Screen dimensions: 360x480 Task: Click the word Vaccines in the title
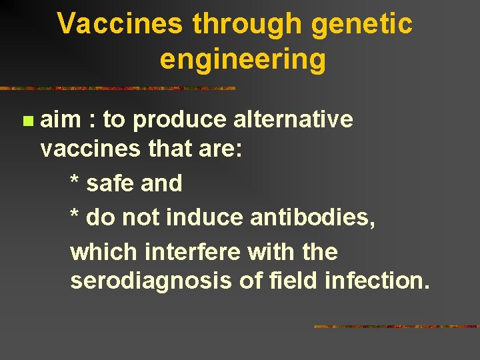[x=119, y=25]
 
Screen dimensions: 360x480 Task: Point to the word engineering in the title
[x=243, y=59]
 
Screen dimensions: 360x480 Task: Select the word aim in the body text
[x=61, y=120]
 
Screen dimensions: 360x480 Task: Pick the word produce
[x=180, y=120]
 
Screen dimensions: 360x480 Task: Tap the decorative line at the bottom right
[x=396, y=327]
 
